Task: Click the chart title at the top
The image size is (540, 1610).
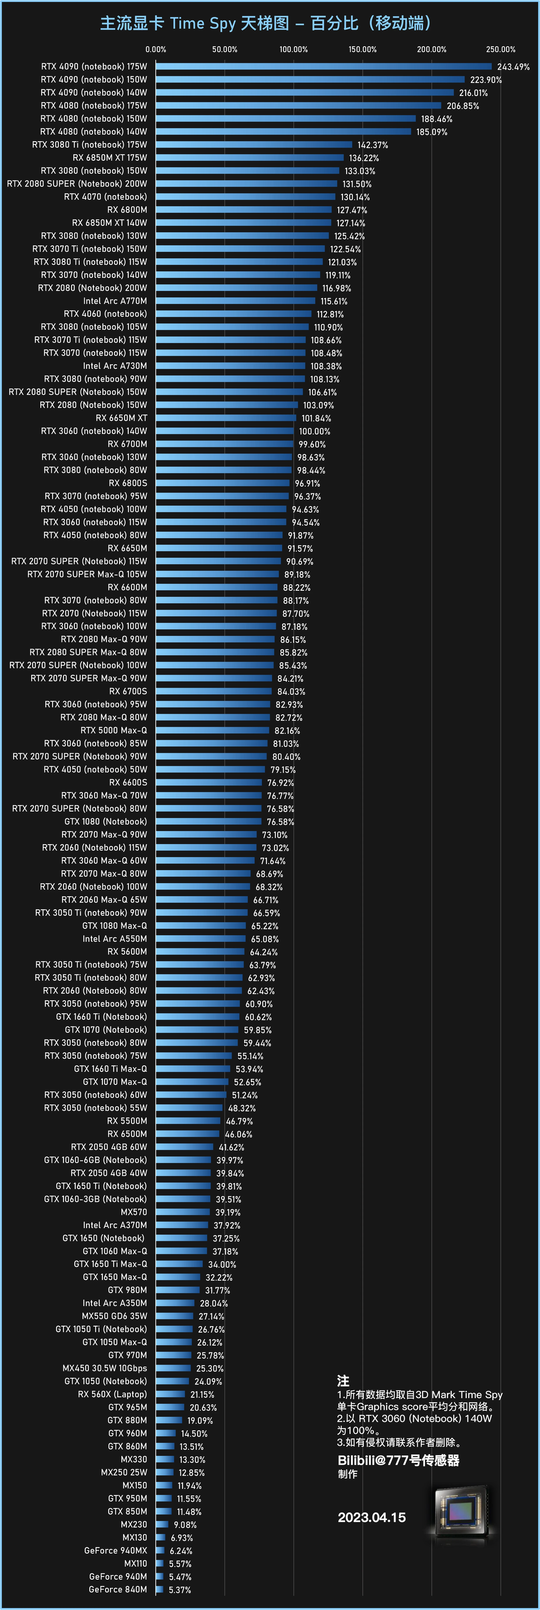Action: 266,24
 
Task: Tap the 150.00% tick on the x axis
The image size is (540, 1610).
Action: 362,49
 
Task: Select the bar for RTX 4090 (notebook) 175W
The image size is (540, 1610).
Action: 323,66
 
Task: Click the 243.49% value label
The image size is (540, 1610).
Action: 513,67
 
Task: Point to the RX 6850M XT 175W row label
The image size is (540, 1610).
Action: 110,158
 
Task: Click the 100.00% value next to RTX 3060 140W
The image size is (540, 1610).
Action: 314,431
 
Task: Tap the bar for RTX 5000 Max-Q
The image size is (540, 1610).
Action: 212,730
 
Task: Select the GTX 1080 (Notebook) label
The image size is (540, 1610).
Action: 105,821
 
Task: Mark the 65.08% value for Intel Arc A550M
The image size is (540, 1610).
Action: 265,939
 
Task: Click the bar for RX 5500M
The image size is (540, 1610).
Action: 188,1121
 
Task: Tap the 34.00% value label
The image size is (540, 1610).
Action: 222,1264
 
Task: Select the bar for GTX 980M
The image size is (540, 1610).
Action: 178,1290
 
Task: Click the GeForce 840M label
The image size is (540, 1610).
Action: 118,1589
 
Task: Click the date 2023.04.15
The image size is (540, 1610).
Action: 371,1518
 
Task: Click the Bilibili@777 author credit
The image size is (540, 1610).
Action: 399,1461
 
